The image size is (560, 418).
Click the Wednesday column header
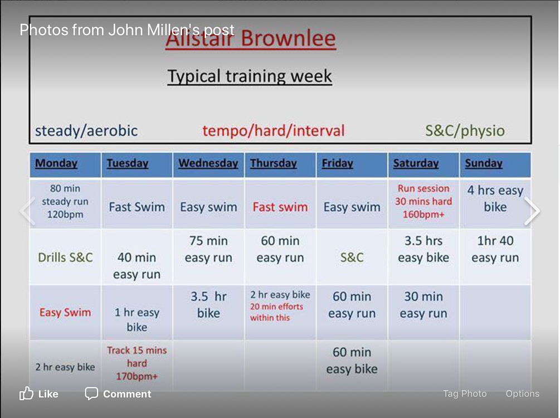(x=208, y=164)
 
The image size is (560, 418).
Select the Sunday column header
(x=484, y=164)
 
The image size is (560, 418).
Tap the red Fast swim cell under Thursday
(x=280, y=207)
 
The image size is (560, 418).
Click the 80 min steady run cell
(x=65, y=202)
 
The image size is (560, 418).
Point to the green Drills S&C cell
(x=65, y=257)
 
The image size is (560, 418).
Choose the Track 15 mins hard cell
(x=137, y=363)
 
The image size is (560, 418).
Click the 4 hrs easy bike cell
(x=495, y=199)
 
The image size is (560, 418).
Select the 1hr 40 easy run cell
(x=495, y=249)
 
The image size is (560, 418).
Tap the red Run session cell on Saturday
(x=423, y=202)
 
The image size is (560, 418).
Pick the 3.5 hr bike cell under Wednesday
(x=208, y=305)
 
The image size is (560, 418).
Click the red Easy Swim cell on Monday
(x=65, y=313)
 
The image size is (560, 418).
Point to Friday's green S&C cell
(x=352, y=257)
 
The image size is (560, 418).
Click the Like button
(x=39, y=394)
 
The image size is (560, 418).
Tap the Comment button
(x=118, y=394)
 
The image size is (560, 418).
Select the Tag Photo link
(x=465, y=394)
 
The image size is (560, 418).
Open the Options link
(x=522, y=394)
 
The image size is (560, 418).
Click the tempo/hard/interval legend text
(x=273, y=131)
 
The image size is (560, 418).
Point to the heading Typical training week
(x=250, y=76)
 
